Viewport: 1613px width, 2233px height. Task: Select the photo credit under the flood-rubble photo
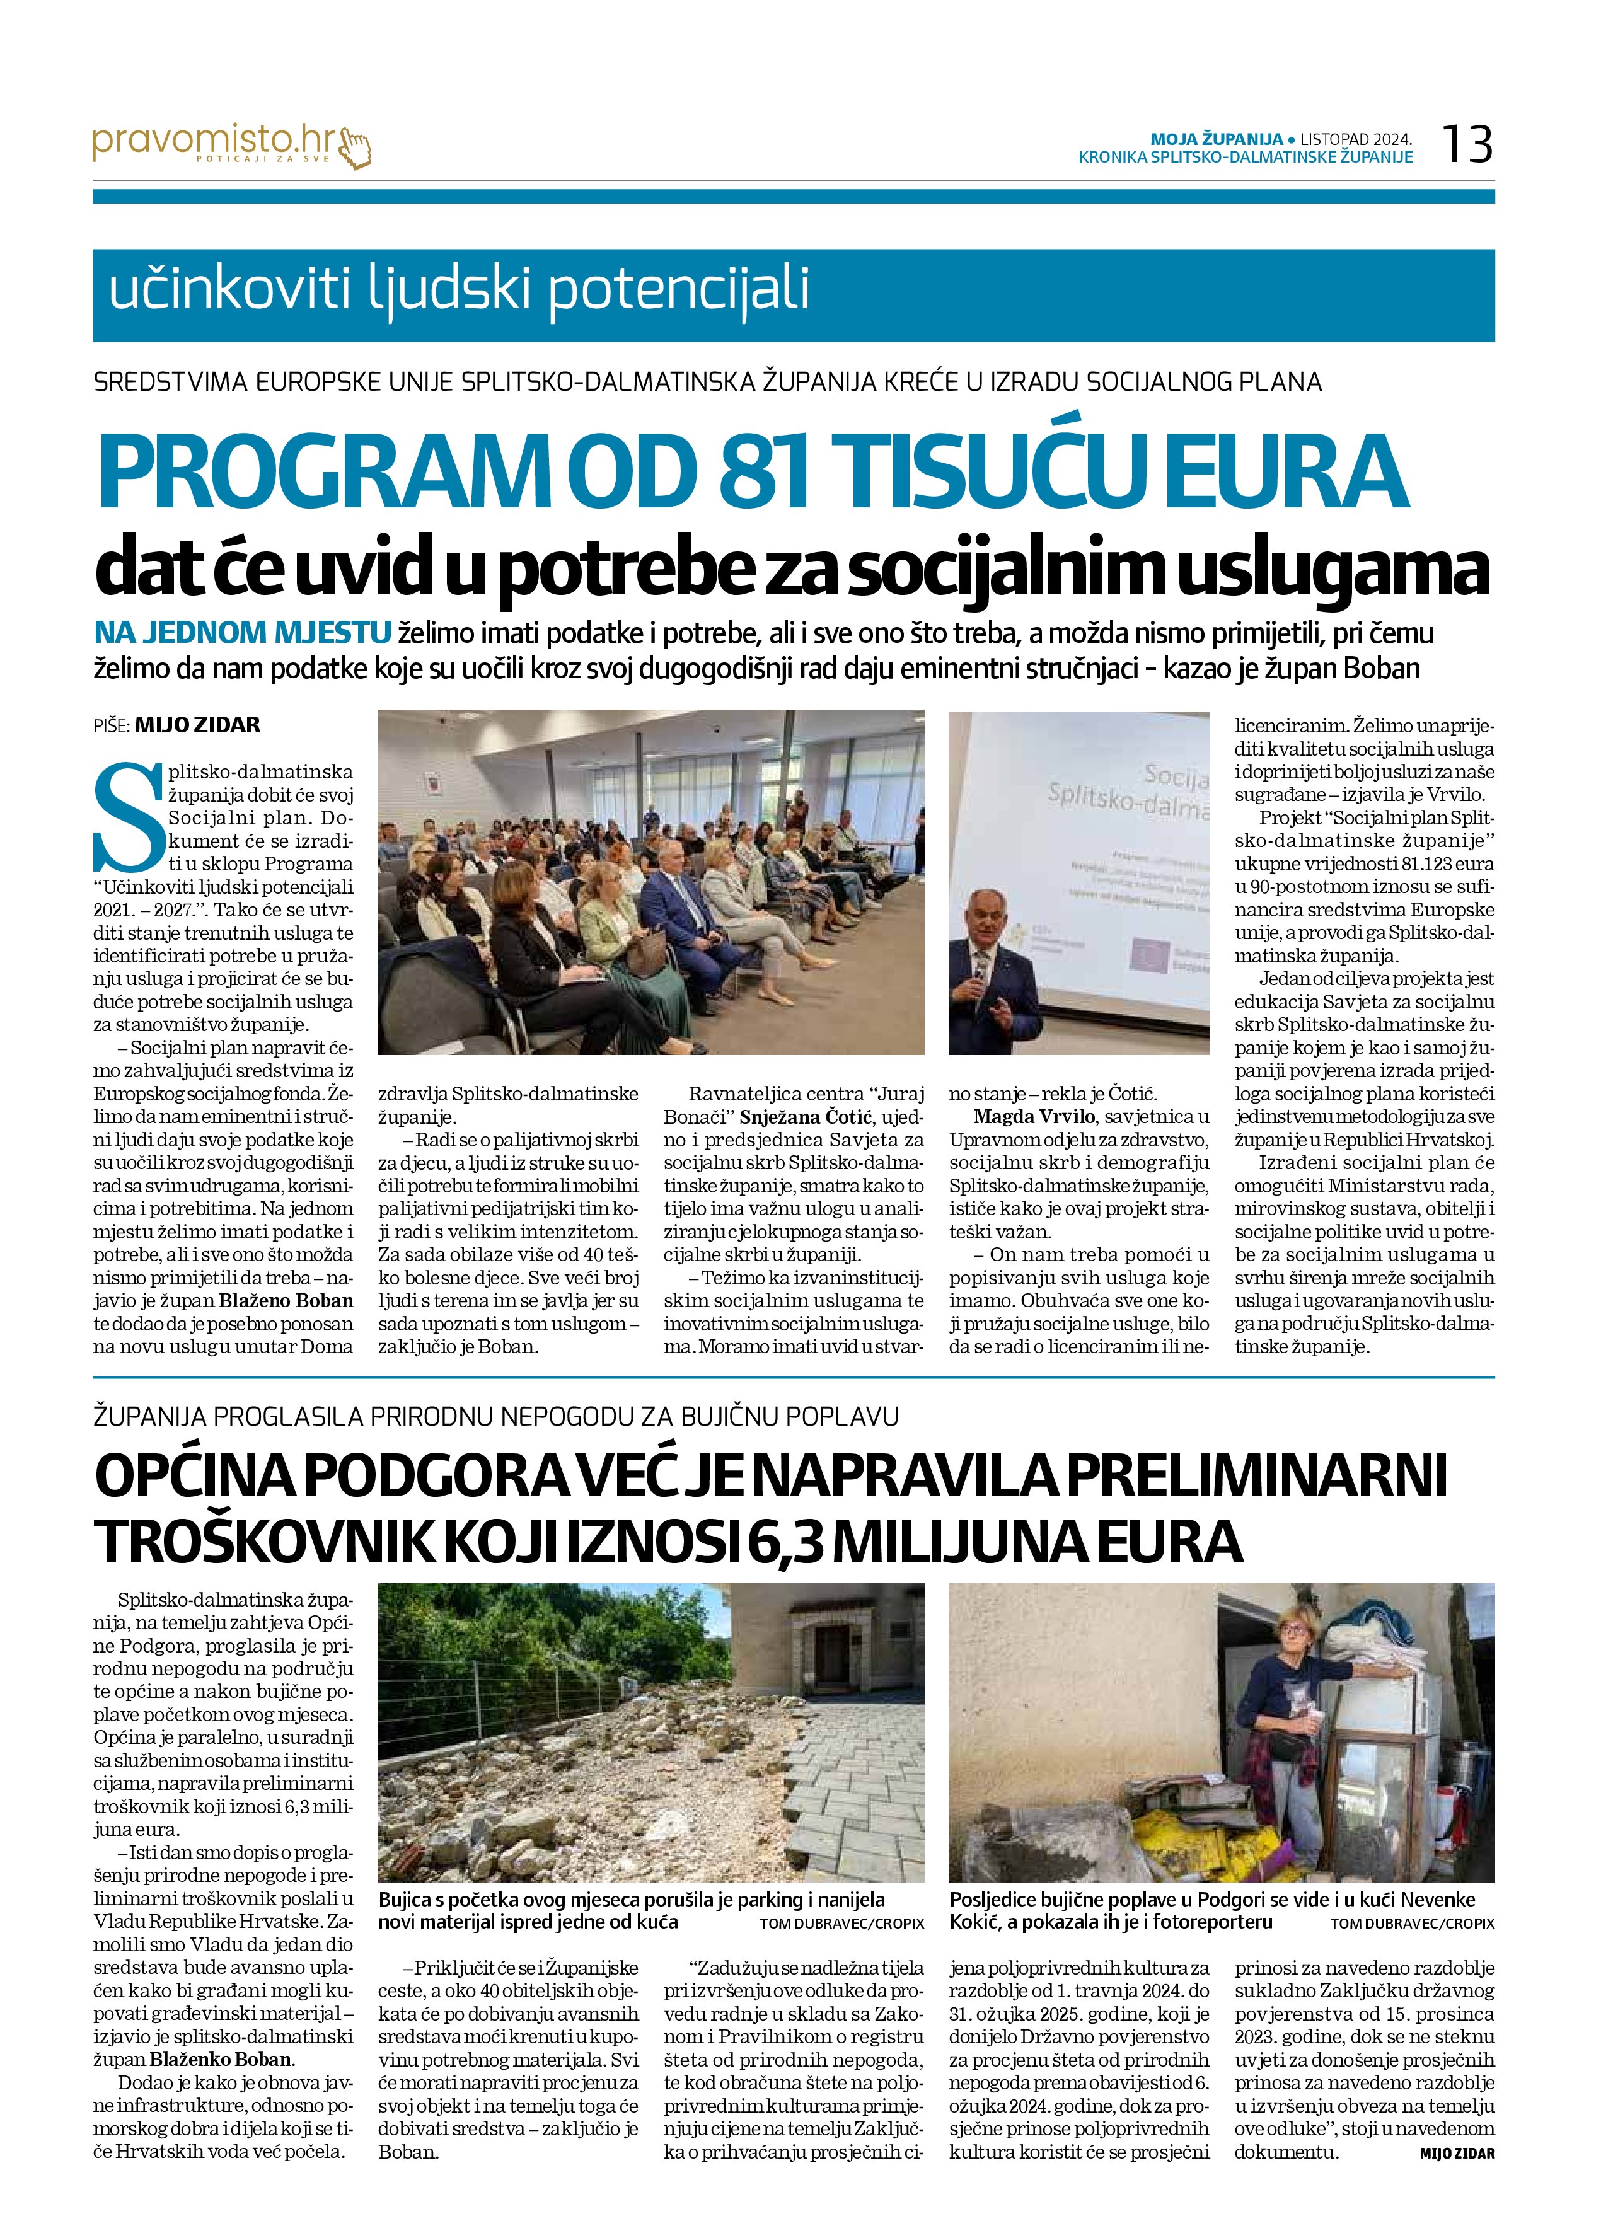tap(842, 1924)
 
